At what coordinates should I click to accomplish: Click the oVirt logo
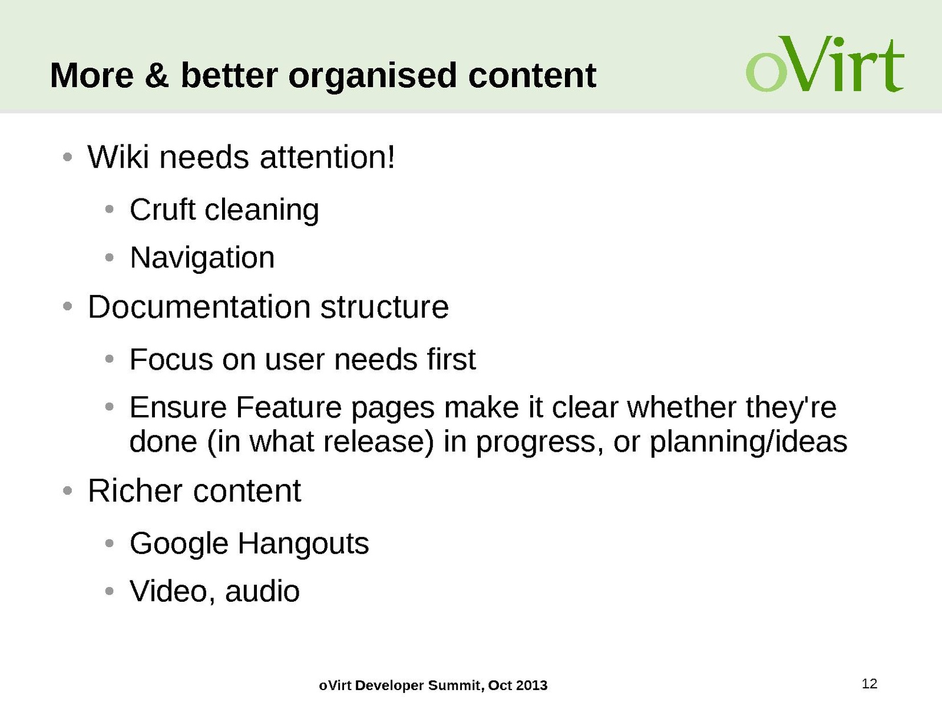click(825, 64)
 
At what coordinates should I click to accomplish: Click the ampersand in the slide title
click(157, 75)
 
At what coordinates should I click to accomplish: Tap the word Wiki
click(118, 157)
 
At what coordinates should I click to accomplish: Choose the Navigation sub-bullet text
click(201, 258)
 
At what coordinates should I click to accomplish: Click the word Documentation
click(199, 307)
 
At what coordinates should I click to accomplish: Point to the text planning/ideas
click(748, 443)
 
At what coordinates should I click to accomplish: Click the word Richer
click(135, 490)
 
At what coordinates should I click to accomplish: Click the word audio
click(262, 591)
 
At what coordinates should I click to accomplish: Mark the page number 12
click(870, 683)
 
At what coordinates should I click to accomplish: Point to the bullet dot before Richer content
click(67, 490)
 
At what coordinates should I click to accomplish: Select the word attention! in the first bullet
click(327, 157)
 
